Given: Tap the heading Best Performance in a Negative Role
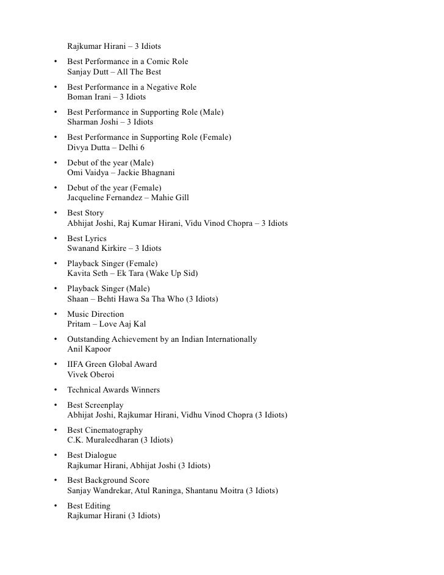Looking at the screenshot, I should click(x=132, y=87).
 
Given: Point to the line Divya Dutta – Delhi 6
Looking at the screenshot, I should click(x=106, y=148).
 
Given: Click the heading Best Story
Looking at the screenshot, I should click(x=85, y=213).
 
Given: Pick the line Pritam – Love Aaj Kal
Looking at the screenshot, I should click(x=106, y=324).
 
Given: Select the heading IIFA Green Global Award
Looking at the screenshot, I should click(x=112, y=364).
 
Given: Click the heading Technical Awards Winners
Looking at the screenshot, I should click(x=113, y=390).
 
